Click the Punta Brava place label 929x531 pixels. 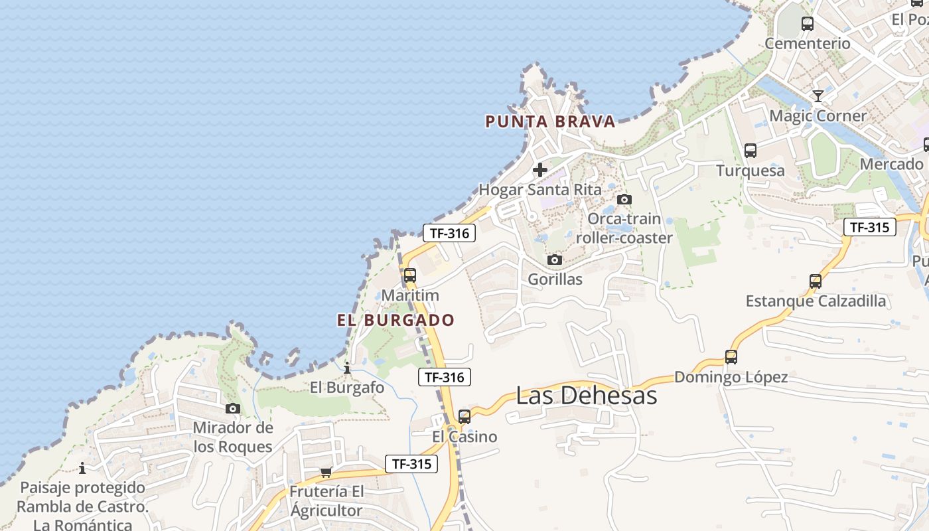click(550, 121)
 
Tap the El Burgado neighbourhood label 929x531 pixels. click(395, 320)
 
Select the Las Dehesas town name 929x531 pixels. click(587, 396)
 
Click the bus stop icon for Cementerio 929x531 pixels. click(808, 24)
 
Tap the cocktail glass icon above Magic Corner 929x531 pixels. click(818, 96)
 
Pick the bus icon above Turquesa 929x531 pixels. click(750, 151)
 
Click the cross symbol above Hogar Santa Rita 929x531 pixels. click(540, 170)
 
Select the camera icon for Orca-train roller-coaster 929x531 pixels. click(624, 199)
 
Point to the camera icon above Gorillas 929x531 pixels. click(555, 260)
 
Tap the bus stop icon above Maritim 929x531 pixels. click(410, 275)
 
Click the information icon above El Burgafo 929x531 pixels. click(347, 368)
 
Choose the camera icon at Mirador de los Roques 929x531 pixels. click(232, 408)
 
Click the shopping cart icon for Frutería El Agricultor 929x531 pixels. click(326, 473)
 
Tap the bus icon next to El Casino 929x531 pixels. click(464, 417)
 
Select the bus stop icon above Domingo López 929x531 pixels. click(731, 357)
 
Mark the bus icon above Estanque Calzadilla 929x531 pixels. click(816, 281)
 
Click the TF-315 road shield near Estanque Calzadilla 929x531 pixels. click(869, 227)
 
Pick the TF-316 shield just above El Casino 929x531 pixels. click(445, 378)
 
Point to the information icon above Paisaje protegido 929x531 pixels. click(82, 469)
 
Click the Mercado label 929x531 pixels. click(891, 164)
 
